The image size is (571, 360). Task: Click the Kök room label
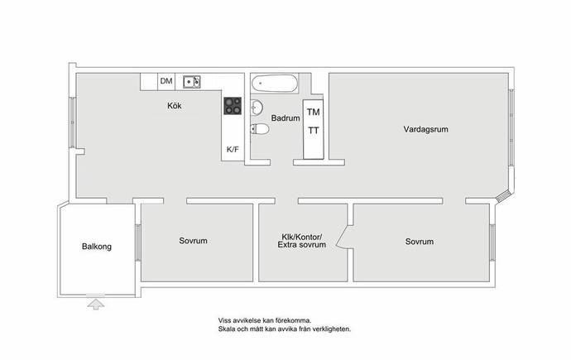[x=174, y=106]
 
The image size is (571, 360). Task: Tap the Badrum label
[x=285, y=118]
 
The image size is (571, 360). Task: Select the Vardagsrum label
[x=425, y=129]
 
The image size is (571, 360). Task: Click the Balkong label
[x=97, y=247]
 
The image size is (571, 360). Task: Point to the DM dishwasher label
[x=166, y=81]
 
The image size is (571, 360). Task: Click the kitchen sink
[x=191, y=82]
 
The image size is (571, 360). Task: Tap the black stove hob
[x=233, y=106]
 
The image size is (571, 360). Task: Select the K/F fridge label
[x=233, y=149]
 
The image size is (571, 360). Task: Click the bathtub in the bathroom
[x=275, y=84]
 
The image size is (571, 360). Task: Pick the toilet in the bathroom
[x=259, y=129]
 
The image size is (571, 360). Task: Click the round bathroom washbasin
[x=257, y=108]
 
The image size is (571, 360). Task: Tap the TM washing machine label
[x=313, y=112]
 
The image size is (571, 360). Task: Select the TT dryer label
[x=313, y=130]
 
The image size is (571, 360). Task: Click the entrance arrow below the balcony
[x=96, y=305]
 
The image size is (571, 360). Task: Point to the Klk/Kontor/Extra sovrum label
[x=302, y=241]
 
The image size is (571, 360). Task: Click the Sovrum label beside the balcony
[x=193, y=241]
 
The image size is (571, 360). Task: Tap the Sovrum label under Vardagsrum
[x=420, y=242]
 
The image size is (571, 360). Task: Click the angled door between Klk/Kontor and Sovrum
[x=343, y=238]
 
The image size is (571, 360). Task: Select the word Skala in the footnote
[x=225, y=329]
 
